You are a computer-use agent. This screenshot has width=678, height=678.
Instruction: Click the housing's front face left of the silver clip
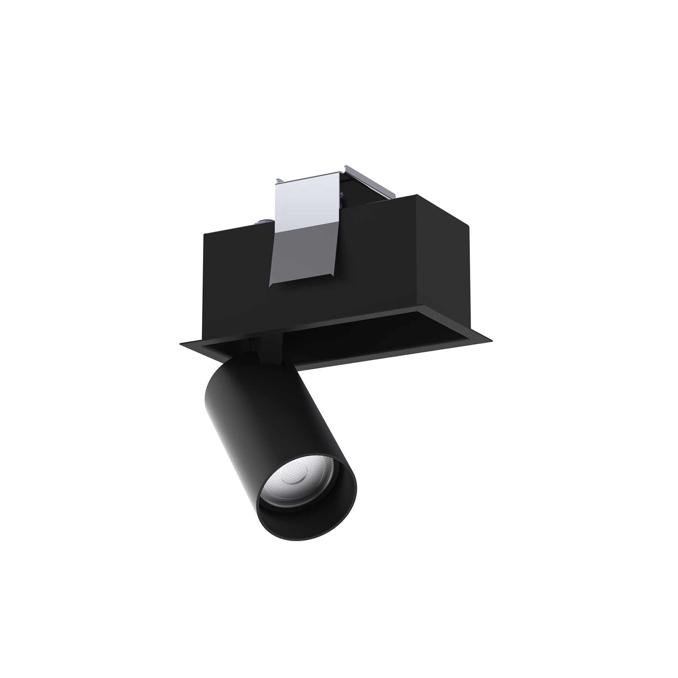(x=235, y=274)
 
